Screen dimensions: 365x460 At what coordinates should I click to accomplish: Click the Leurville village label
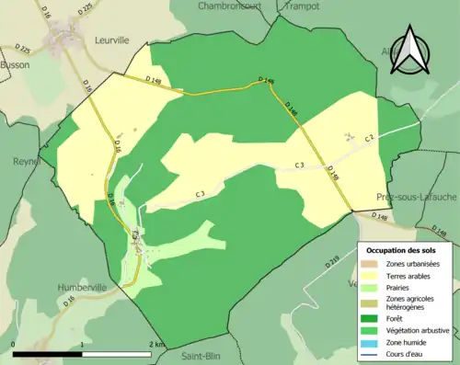(113, 40)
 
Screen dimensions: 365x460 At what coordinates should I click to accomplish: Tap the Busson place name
(16, 66)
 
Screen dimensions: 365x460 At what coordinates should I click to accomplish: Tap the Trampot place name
(302, 6)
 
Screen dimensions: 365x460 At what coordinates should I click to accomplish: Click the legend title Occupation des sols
(401, 250)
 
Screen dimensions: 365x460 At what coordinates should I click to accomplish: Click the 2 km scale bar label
(157, 345)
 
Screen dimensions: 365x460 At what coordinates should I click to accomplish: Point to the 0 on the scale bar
(14, 345)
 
